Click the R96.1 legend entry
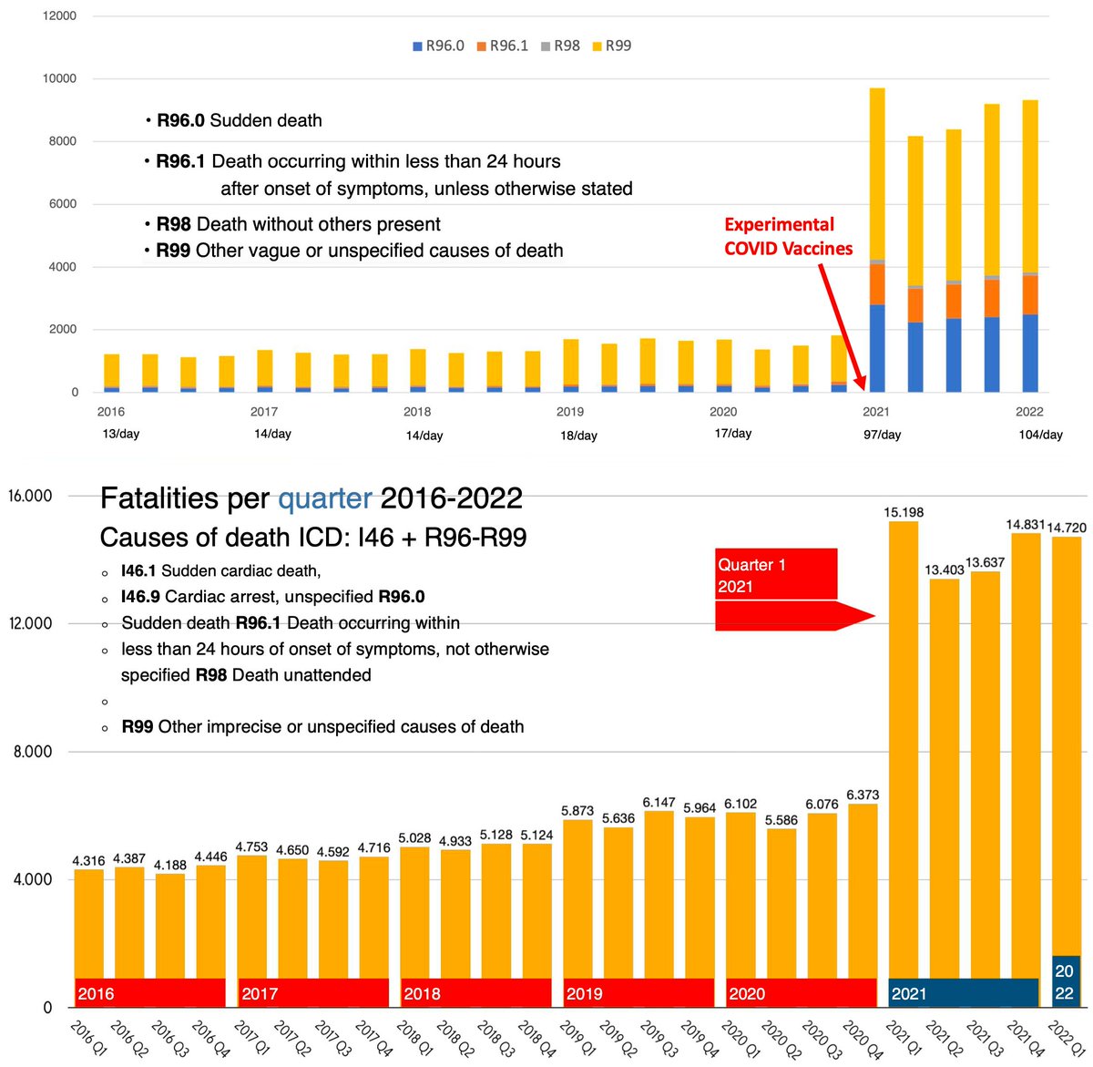click(503, 46)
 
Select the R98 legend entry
click(561, 46)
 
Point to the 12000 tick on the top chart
click(59, 16)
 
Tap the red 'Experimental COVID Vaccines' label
click(788, 236)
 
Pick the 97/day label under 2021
click(882, 435)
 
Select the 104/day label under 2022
click(1040, 435)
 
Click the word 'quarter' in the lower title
click(324, 498)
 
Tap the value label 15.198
click(904, 512)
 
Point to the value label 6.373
click(862, 795)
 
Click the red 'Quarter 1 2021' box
click(775, 574)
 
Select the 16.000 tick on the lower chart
click(30, 496)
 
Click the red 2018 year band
click(475, 993)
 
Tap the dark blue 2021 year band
click(963, 993)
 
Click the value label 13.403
click(944, 569)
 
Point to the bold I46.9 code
click(138, 597)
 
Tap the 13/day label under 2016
click(120, 434)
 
